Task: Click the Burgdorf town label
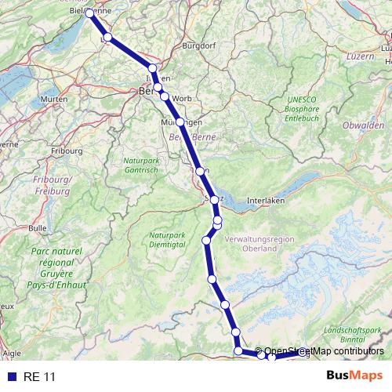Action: point(198,46)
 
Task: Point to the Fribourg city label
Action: point(67,150)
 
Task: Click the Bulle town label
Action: point(38,228)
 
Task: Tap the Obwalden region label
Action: point(363,125)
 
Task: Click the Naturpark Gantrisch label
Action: point(141,165)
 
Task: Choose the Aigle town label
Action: point(12,354)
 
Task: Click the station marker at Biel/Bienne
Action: point(89,13)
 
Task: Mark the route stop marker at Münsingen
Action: point(180,122)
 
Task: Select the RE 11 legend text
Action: point(40,377)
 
